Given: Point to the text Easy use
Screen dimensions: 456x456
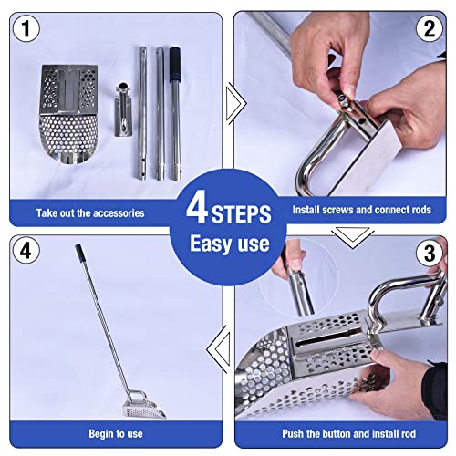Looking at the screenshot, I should tap(229, 244).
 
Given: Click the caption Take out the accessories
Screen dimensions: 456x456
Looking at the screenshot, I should tap(90, 212).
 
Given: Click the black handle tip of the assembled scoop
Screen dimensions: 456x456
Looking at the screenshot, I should tap(79, 252).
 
